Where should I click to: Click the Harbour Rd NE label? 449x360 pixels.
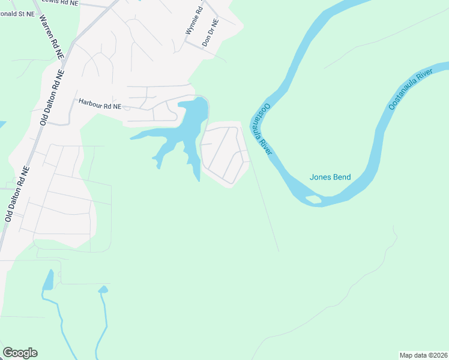coord(100,104)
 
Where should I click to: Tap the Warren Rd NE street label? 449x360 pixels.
coord(52,36)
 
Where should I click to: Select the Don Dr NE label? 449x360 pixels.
coord(210,33)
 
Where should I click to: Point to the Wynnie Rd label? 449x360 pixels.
coord(194,19)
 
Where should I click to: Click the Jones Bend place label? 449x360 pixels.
coord(330,177)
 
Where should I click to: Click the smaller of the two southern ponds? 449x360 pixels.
coord(103,290)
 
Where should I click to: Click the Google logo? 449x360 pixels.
coord(20,353)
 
